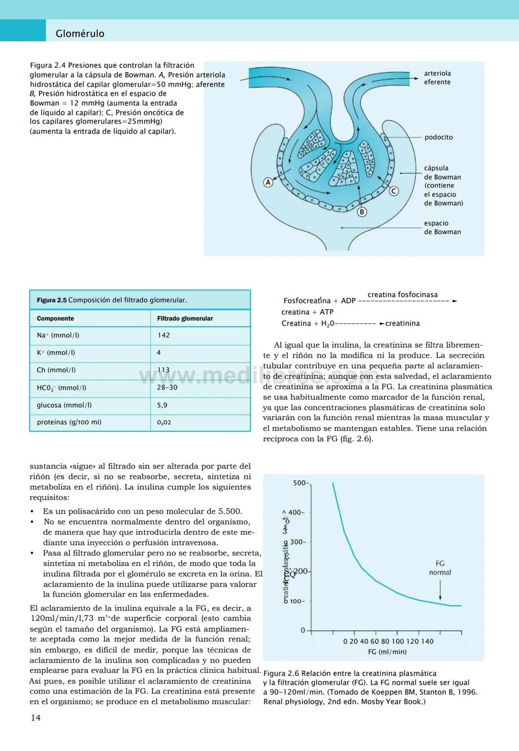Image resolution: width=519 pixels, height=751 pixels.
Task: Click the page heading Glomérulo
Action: pyautogui.click(x=80, y=34)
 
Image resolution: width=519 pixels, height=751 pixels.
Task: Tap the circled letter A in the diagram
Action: pyautogui.click(x=269, y=182)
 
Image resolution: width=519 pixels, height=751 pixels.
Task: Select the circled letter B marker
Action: pyautogui.click(x=362, y=212)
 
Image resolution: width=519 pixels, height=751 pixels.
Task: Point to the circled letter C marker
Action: pyautogui.click(x=394, y=191)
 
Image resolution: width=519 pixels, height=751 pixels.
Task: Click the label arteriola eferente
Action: pyautogui.click(x=437, y=78)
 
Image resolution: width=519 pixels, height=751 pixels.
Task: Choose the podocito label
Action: pyautogui.click(x=438, y=137)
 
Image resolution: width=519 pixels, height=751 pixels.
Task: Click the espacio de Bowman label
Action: pyautogui.click(x=442, y=227)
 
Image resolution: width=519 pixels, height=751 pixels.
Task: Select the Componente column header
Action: pyautogui.click(x=55, y=318)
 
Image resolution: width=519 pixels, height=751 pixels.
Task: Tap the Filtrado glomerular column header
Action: pyautogui.click(x=185, y=318)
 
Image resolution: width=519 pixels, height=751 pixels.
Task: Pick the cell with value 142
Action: pyautogui.click(x=163, y=335)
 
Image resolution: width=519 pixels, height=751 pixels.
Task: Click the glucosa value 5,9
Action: pyautogui.click(x=162, y=405)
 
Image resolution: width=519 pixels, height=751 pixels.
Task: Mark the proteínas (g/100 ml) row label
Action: pyautogui.click(x=69, y=422)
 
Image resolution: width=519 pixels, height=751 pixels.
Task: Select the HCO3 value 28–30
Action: pyautogui.click(x=167, y=388)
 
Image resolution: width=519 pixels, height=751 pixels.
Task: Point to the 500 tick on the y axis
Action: pyautogui.click(x=300, y=483)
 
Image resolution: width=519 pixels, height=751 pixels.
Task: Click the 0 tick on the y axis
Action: pyautogui.click(x=303, y=630)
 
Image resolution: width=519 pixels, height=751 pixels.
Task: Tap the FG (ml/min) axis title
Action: pyautogui.click(x=387, y=652)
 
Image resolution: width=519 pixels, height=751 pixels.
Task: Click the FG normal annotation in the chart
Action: pyautogui.click(x=440, y=568)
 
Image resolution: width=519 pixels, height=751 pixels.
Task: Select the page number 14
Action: pyautogui.click(x=36, y=718)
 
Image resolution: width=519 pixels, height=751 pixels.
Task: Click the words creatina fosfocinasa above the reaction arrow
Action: pyautogui.click(x=403, y=295)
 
